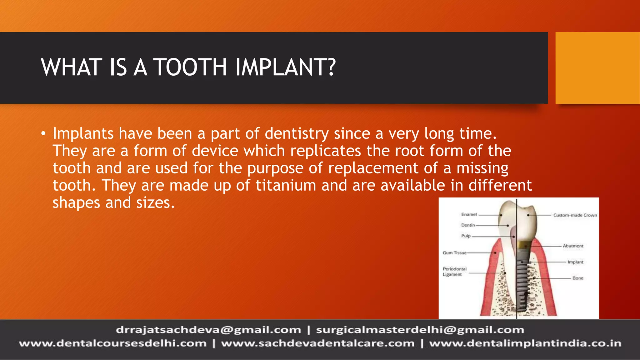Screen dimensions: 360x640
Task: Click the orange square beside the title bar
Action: coord(597,68)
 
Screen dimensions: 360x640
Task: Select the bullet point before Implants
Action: coord(43,134)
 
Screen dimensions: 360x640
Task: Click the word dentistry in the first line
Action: coord(297,134)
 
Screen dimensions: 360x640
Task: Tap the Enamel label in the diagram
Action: coord(469,214)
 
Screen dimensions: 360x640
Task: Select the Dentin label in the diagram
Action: coord(468,225)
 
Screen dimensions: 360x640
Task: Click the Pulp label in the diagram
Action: coord(466,236)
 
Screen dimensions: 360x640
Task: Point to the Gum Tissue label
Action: coord(454,253)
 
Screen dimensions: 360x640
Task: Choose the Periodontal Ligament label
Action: coord(454,272)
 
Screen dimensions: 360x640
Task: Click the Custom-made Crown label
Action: coord(575,215)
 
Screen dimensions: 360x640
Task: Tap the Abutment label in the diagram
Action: coord(573,246)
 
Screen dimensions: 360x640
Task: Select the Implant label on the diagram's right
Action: coord(575,262)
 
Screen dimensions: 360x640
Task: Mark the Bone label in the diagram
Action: coord(577,278)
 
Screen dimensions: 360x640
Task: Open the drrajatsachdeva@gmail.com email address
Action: coord(208,330)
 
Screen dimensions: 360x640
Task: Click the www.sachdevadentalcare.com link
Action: coord(317,343)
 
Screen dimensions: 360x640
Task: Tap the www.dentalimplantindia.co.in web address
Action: coord(525,343)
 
